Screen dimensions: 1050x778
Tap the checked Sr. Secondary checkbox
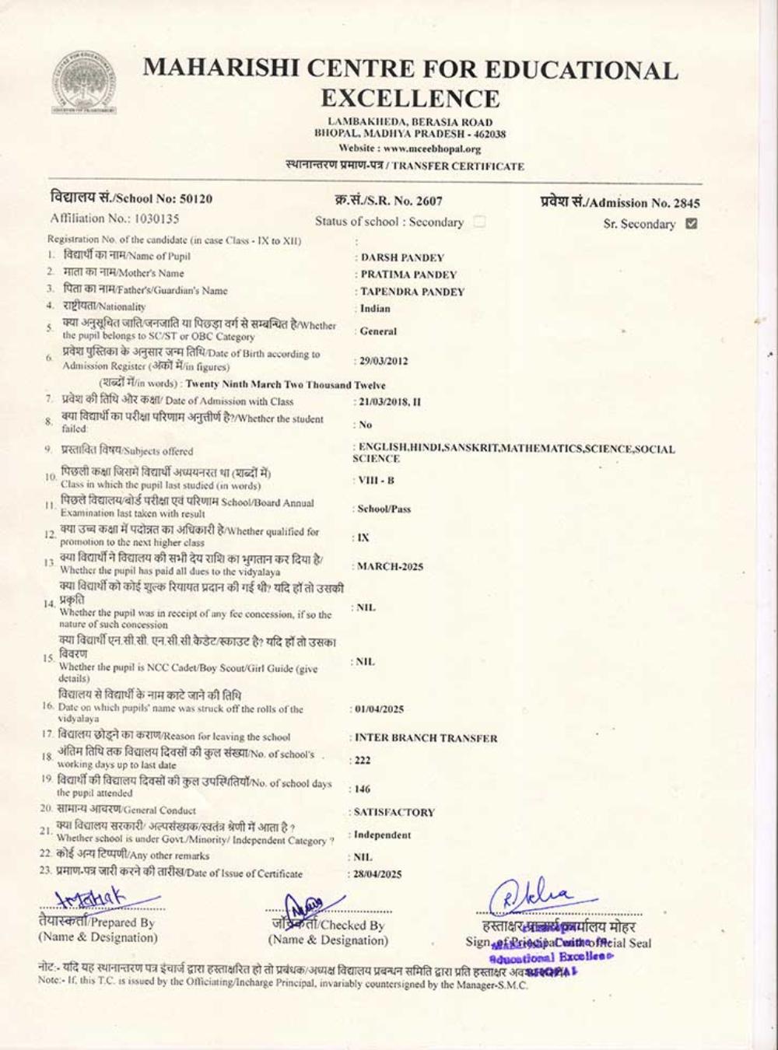pyautogui.click(x=692, y=224)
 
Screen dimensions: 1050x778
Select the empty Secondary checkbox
pyautogui.click(x=479, y=222)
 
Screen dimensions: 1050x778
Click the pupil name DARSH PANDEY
pyautogui.click(x=402, y=257)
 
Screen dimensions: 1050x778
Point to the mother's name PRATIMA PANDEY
pyautogui.click(x=408, y=275)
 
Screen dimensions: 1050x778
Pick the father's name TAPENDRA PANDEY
pyautogui.click(x=412, y=292)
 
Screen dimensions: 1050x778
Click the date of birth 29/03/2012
pyautogui.click(x=383, y=361)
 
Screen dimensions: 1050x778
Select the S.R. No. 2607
pyautogui.click(x=429, y=200)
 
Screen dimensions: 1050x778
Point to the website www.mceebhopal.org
pyautogui.click(x=432, y=149)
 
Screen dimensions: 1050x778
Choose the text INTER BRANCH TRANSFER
pyautogui.click(x=426, y=738)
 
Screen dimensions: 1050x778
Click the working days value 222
pyautogui.click(x=363, y=761)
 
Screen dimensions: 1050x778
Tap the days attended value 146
pyautogui.click(x=363, y=789)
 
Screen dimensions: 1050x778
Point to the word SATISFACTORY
pyautogui.click(x=394, y=812)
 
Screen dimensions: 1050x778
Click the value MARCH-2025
pyautogui.click(x=391, y=567)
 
